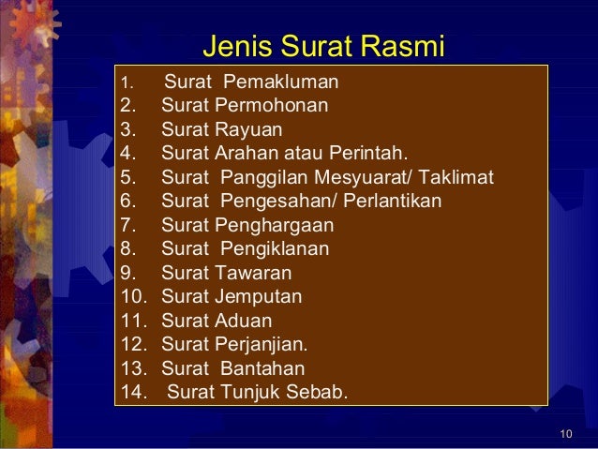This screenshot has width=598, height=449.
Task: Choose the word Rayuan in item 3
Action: point(248,129)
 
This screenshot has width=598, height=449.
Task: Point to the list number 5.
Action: point(128,177)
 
